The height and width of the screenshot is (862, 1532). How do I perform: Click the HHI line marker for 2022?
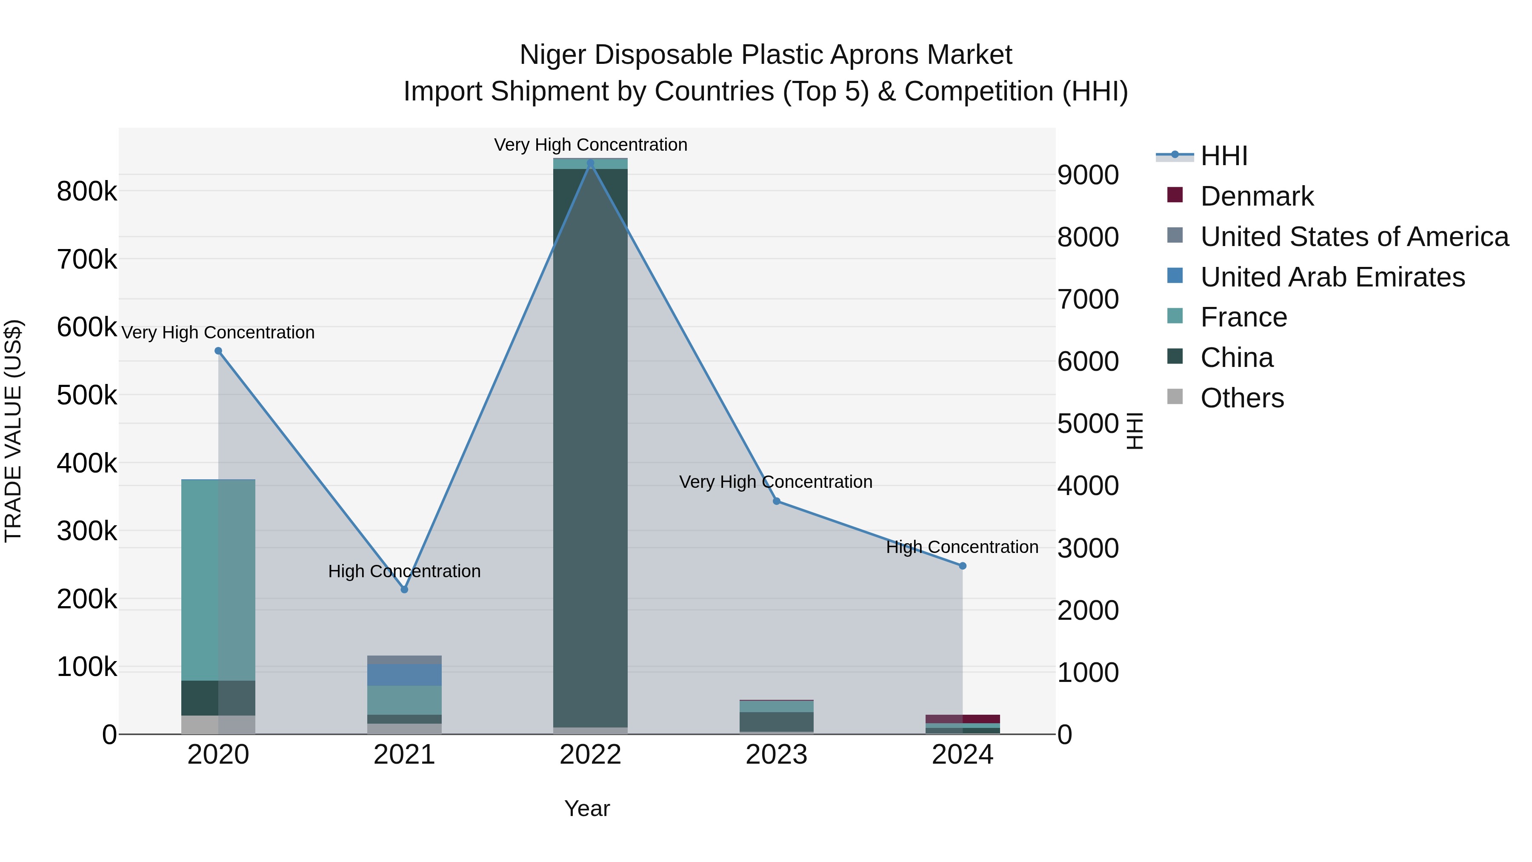click(x=590, y=163)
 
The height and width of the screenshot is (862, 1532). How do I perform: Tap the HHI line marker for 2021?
click(x=404, y=590)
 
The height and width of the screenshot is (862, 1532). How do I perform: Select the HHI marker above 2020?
click(x=218, y=351)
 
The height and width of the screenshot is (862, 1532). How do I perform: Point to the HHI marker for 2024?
click(x=963, y=566)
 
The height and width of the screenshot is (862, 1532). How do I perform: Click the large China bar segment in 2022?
click(x=590, y=446)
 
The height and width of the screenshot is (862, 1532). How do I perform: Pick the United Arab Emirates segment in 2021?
click(x=404, y=675)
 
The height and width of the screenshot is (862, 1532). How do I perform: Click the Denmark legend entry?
click(x=1257, y=196)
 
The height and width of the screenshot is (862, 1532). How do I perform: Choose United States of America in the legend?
click(x=1354, y=237)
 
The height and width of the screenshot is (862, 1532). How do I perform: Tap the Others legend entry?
click(x=1242, y=398)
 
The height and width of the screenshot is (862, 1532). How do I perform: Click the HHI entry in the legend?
click(x=1223, y=156)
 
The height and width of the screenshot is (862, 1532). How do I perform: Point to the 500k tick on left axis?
click(x=87, y=395)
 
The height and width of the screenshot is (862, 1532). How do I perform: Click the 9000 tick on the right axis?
click(x=1088, y=175)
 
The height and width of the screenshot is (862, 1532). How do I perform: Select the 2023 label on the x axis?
click(x=776, y=755)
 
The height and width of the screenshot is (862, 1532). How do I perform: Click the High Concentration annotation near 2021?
click(x=404, y=571)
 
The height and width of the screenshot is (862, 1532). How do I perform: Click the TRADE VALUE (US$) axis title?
click(x=13, y=431)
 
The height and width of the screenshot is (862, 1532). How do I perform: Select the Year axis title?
click(x=587, y=808)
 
